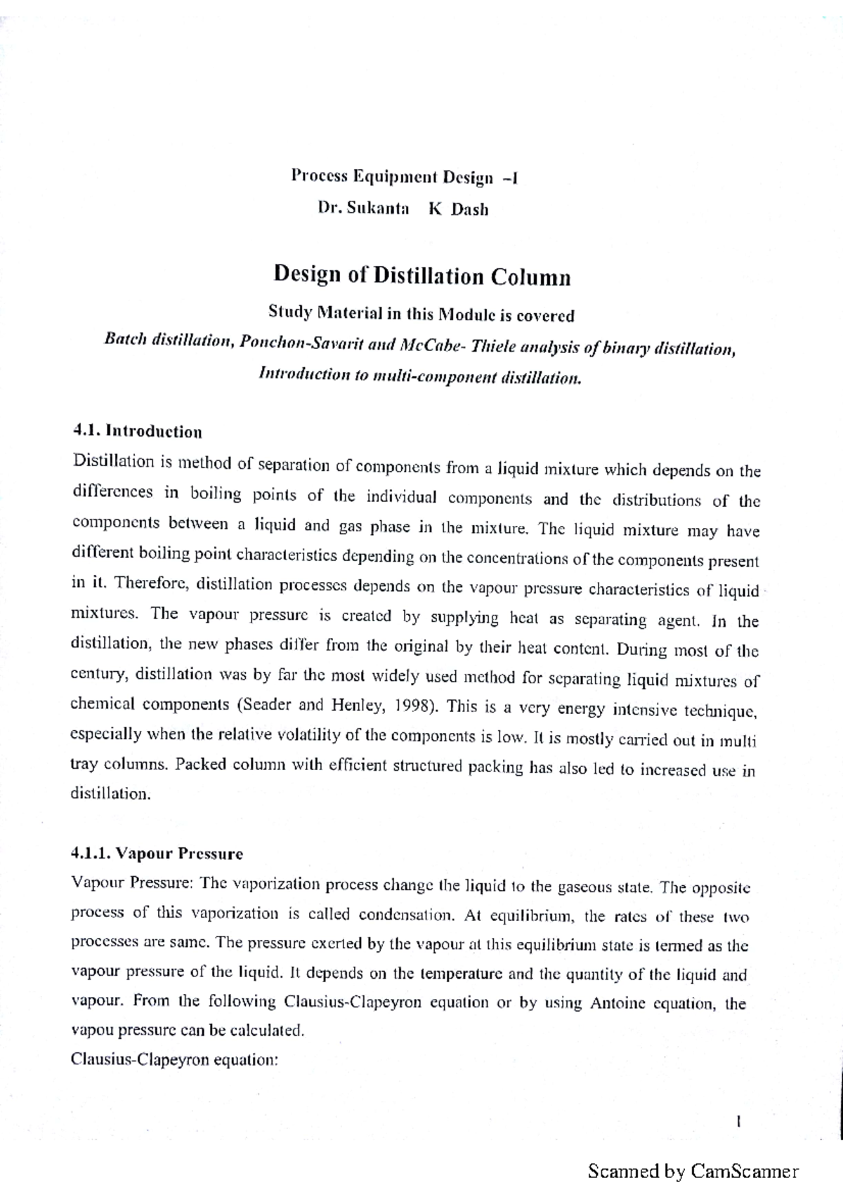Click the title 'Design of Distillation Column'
[x=421, y=275]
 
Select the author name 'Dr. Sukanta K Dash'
[x=403, y=209]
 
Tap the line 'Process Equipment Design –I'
[x=405, y=176]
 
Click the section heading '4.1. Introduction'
[x=137, y=431]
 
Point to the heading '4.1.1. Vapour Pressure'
[x=157, y=854]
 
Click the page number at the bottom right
[x=739, y=1121]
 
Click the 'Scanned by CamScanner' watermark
[x=693, y=1171]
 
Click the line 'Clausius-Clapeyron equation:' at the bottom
[x=175, y=1060]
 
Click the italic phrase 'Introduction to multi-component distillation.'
[x=421, y=376]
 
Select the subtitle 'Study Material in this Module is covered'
[x=421, y=313]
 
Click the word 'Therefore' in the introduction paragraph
[x=151, y=583]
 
